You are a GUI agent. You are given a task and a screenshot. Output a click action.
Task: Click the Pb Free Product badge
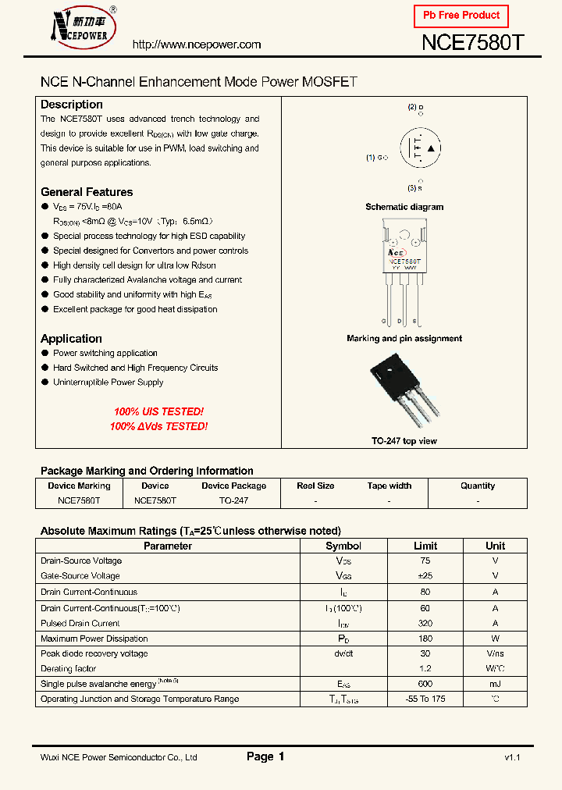461,16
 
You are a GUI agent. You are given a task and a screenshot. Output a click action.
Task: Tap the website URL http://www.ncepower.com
197,44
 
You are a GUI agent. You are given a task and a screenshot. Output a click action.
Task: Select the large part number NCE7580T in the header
471,43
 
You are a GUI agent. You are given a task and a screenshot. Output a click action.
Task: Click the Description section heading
72,105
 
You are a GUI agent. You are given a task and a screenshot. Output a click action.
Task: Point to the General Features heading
87,192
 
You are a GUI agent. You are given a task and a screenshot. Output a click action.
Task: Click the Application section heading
71,339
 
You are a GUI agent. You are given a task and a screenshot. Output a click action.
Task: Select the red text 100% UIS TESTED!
158,411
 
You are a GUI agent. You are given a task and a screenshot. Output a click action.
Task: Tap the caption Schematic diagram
404,207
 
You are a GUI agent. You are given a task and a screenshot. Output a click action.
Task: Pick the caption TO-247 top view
404,441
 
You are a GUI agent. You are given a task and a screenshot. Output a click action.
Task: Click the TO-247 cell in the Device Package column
233,500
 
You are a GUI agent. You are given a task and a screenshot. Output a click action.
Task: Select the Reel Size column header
315,486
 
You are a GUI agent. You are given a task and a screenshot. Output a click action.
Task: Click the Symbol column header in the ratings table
343,546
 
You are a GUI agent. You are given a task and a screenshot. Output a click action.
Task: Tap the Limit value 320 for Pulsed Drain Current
425,624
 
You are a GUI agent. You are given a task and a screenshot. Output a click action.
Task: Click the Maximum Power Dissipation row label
94,639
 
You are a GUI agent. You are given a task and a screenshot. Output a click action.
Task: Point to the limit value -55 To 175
425,699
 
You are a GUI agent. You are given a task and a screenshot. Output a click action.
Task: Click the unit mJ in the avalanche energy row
495,684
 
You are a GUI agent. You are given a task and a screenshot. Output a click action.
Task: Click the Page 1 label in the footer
265,756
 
